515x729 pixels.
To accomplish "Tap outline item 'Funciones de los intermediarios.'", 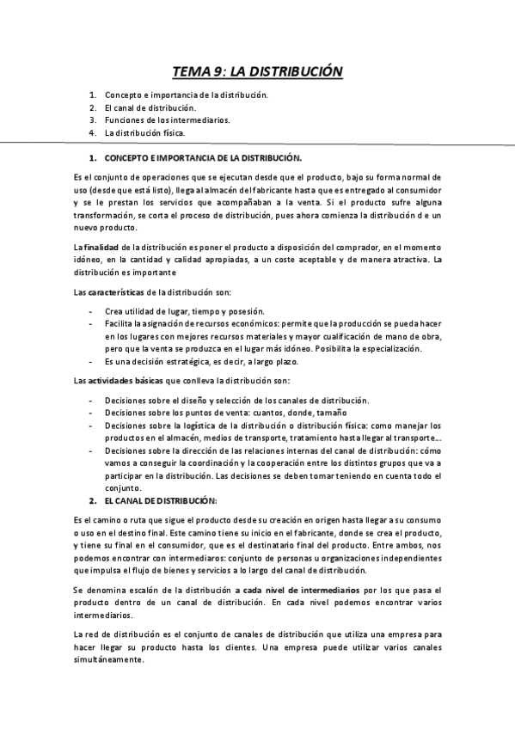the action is (x=167, y=120).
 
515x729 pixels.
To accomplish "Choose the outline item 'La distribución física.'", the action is (x=144, y=133).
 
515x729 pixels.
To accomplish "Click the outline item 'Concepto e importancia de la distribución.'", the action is (x=186, y=95).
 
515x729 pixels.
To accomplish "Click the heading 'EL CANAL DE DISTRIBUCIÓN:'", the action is (x=161, y=499).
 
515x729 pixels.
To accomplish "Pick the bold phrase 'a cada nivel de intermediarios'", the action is (x=295, y=591).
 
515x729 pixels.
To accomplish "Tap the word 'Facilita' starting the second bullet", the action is (x=120, y=323).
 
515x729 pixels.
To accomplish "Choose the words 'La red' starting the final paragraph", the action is (x=87, y=634).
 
